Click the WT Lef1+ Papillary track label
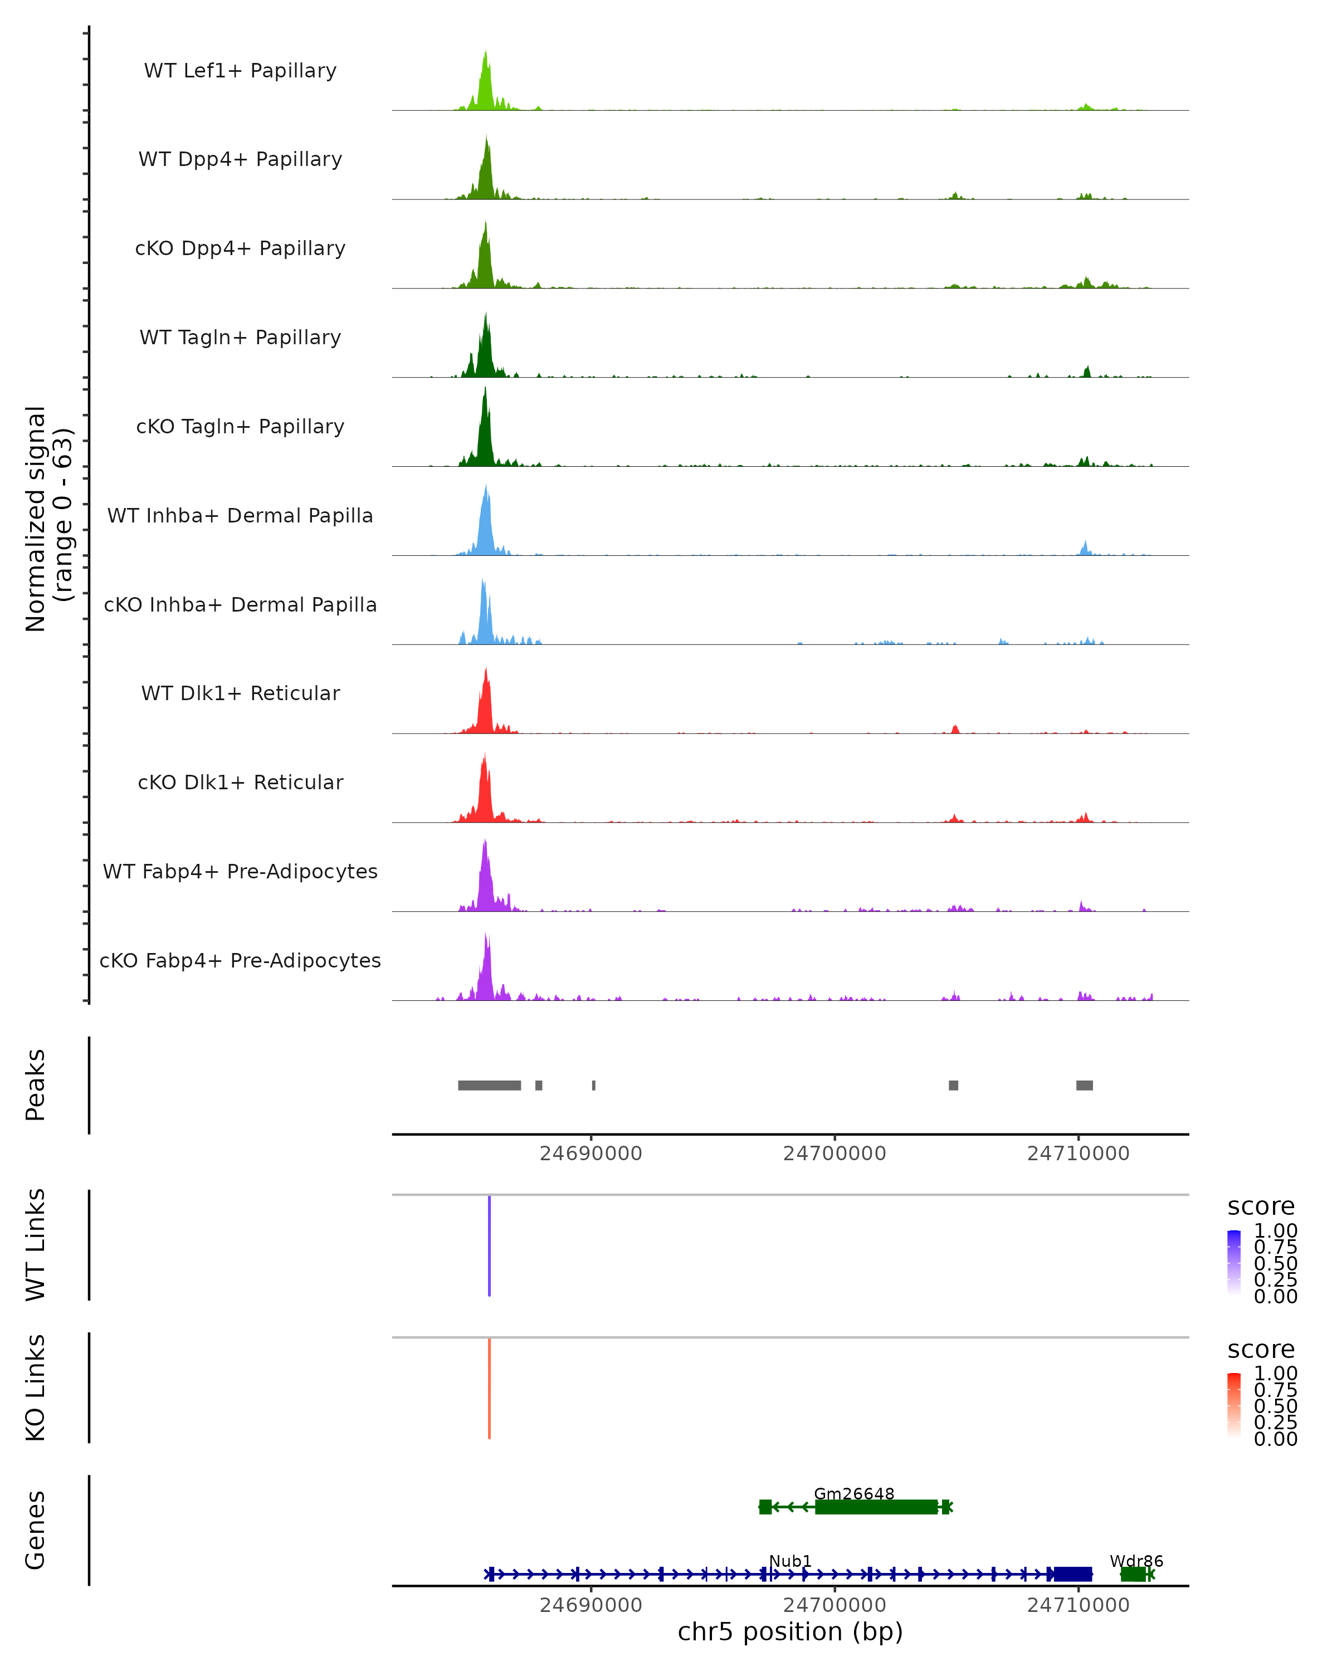point(240,71)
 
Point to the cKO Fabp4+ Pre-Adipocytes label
point(240,960)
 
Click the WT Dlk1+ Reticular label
point(240,693)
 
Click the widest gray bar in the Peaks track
point(489,1085)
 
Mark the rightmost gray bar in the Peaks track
point(1084,1085)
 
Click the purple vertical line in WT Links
point(489,1245)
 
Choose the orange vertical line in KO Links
point(489,1387)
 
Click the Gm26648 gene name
point(853,1493)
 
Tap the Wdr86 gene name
point(1136,1561)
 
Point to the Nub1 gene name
point(790,1561)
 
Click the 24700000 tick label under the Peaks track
point(834,1154)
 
